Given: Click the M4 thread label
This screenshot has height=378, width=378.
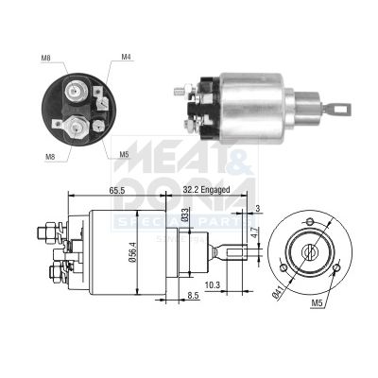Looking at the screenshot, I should pos(126,58).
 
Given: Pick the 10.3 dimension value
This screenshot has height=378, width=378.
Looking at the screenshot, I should pos(213,283).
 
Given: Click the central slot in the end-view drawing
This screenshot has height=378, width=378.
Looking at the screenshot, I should pos(308,253).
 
